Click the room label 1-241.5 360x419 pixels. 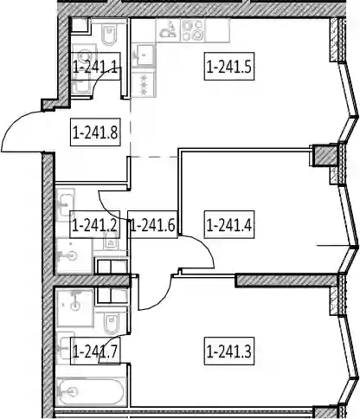tap(229, 67)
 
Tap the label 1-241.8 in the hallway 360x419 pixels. tap(95, 132)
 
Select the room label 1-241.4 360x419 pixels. tap(229, 224)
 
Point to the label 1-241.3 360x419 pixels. tap(229, 351)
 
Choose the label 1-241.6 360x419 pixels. tap(152, 224)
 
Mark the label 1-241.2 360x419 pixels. tap(95, 224)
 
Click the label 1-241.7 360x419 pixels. tap(95, 351)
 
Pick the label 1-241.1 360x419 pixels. tap(95, 67)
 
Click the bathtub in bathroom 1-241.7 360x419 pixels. tap(91, 392)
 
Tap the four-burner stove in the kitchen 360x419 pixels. tap(193, 30)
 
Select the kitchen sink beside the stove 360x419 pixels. tap(169, 30)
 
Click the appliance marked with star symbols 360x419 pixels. tap(144, 85)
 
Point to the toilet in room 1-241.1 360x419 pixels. tap(109, 35)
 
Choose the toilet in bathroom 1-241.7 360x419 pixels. tap(111, 323)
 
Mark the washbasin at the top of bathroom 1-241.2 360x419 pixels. tap(66, 205)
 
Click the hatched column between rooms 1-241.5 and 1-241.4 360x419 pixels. tap(325, 156)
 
